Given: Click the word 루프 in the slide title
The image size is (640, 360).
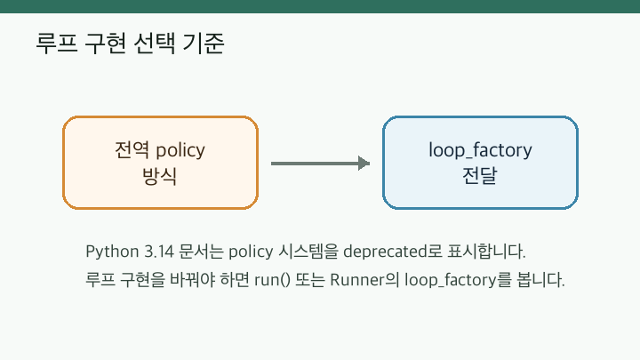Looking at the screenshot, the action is (x=57, y=44).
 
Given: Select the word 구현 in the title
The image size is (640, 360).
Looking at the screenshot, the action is (x=105, y=44).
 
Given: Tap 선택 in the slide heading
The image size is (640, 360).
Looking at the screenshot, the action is (x=155, y=44).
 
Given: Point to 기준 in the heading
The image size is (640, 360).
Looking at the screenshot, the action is (x=204, y=44).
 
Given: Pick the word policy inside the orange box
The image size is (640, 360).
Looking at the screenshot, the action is (x=180, y=151).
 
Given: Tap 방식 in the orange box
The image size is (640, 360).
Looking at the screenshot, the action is (x=160, y=176).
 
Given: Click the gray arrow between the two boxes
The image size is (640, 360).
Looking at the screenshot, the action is (x=320, y=164).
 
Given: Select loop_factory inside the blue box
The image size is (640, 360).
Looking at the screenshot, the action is (x=480, y=150).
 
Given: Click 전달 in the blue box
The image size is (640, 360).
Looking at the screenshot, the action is (x=480, y=176).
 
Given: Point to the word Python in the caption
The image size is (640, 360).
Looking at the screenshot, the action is (x=112, y=252).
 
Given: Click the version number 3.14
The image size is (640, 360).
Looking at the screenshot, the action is (x=159, y=252).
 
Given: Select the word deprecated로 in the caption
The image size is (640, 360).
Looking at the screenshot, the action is (x=393, y=252).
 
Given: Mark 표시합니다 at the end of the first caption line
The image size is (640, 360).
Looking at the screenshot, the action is (x=486, y=252).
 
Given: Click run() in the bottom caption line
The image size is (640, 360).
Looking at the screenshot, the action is (x=272, y=280).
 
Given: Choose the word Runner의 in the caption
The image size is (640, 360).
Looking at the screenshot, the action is (x=364, y=280).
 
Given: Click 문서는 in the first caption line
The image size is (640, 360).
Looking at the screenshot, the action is (x=201, y=252).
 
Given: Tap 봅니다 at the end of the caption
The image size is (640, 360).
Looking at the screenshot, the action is (x=540, y=280).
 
